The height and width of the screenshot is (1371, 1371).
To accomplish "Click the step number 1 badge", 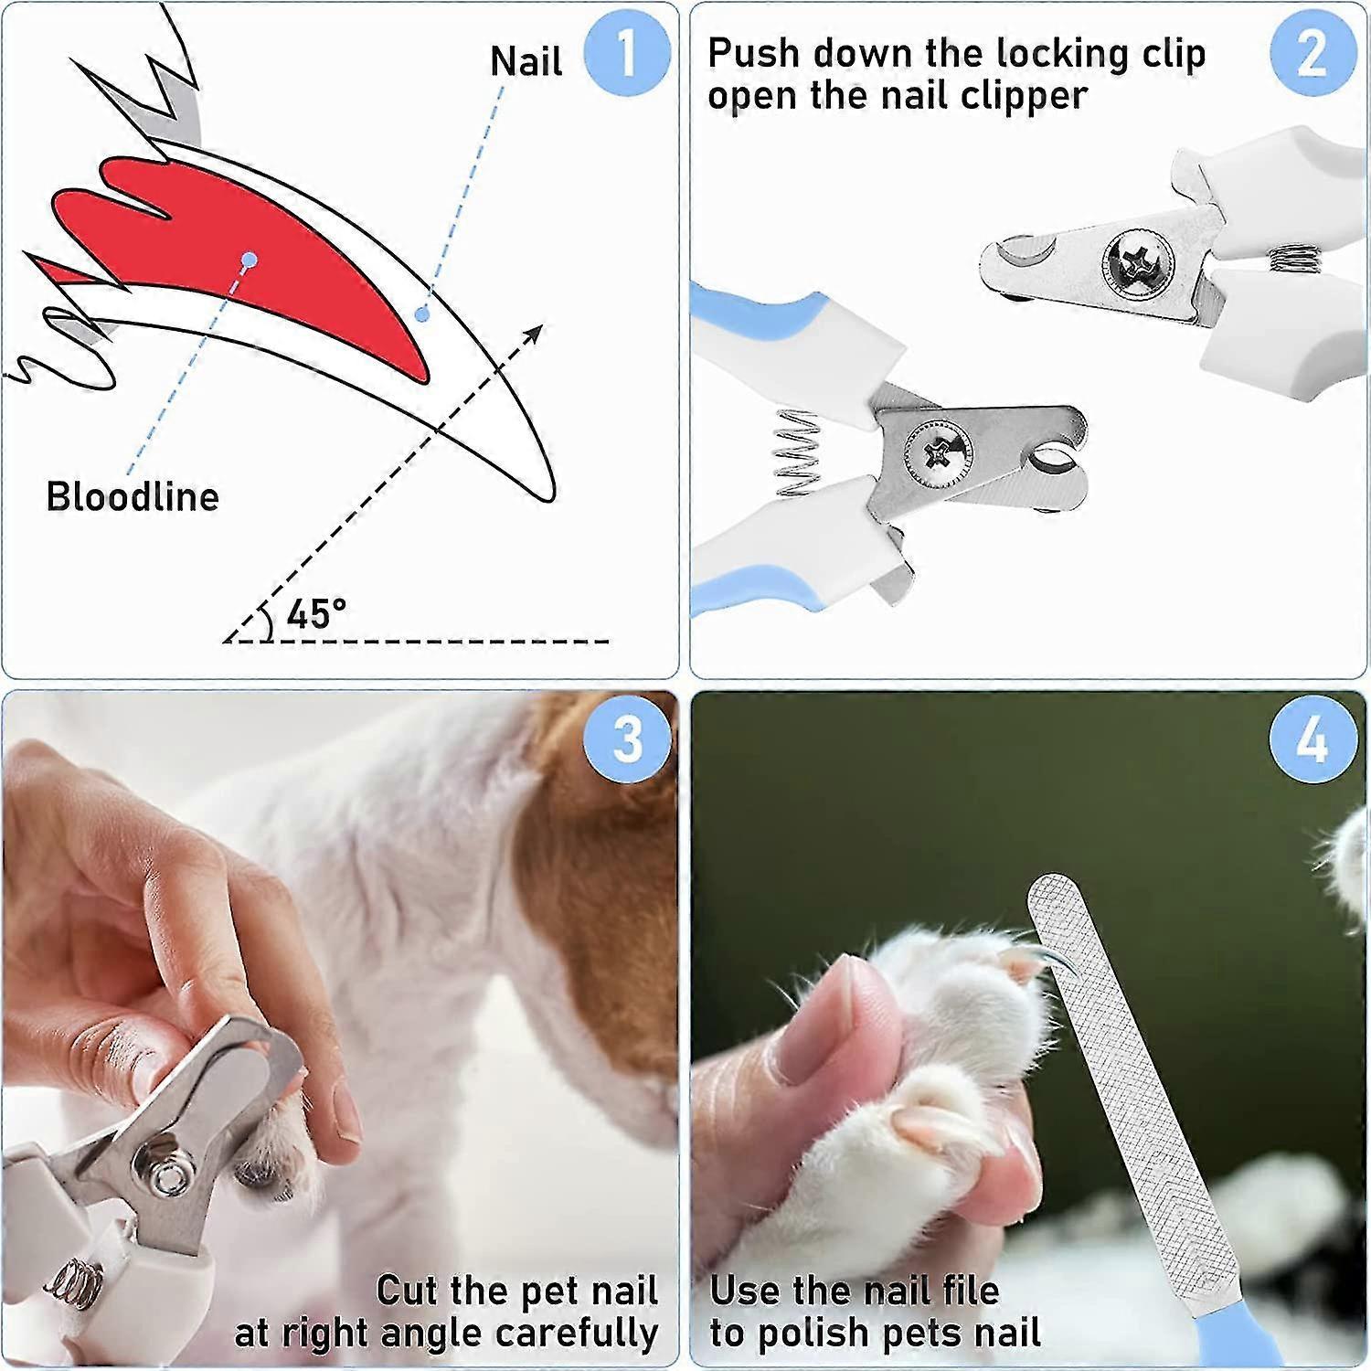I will coord(626,52).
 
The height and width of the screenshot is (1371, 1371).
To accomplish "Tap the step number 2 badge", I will coord(1313,52).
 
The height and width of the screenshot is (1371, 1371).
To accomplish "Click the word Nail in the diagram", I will coord(526,62).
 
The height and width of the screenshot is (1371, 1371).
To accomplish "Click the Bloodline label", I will coord(133,497).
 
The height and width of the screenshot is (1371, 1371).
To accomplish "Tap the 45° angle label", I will coord(316,613).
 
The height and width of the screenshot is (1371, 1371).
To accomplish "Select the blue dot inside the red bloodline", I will coord(250,260).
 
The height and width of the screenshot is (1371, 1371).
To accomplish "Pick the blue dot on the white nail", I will coord(421,314).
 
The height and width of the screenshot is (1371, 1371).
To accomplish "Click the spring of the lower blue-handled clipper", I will coord(797,452).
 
